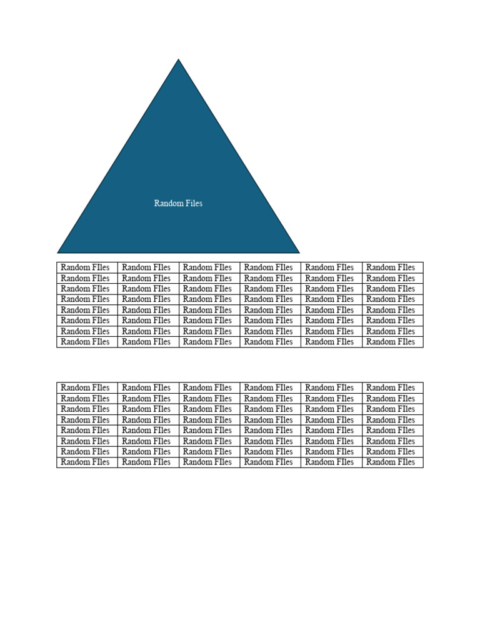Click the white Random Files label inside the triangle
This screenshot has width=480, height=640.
(x=178, y=203)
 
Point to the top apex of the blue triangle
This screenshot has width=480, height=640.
(x=179, y=60)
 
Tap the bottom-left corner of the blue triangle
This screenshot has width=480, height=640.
(x=59, y=252)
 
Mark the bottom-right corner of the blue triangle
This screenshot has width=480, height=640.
(x=298, y=252)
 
